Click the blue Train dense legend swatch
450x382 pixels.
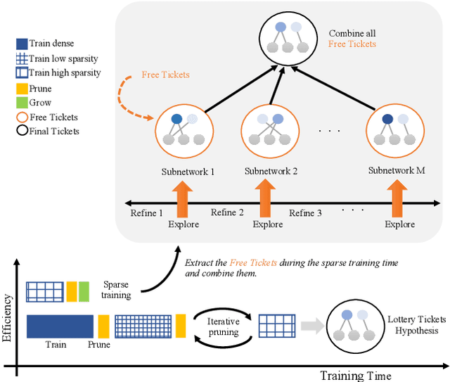click(x=21, y=43)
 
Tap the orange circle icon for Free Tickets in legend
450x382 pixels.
click(x=21, y=117)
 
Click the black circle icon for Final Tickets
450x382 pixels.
click(x=21, y=130)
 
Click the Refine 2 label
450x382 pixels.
click(x=228, y=212)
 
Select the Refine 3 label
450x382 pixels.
click(x=306, y=212)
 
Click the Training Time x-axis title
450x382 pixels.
click(x=355, y=375)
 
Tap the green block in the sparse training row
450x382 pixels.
click(x=84, y=291)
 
